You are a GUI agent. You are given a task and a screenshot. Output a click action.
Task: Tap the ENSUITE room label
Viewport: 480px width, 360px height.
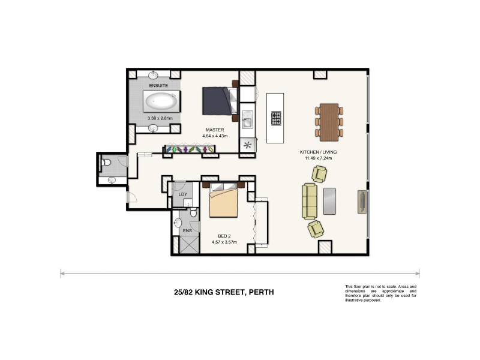coord(159,86)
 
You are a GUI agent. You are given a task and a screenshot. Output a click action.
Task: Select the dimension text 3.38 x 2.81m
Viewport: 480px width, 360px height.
coord(160,118)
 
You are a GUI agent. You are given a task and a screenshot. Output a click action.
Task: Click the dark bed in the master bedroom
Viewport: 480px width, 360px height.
coord(215,100)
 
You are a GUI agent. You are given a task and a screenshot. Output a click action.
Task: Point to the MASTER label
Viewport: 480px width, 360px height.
coord(214,130)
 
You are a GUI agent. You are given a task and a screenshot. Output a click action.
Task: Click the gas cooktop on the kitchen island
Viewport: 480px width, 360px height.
coord(277,118)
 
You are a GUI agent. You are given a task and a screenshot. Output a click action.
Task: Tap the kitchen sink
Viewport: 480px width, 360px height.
coord(247,122)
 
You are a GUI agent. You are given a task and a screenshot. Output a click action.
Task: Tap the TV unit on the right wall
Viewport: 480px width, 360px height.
coord(363,202)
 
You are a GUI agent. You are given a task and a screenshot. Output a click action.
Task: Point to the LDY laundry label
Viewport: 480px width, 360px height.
coord(182,194)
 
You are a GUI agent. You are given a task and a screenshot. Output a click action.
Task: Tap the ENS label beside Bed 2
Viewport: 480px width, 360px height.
coord(187,230)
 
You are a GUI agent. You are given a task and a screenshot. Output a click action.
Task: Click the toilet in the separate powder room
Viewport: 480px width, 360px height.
coord(106,161)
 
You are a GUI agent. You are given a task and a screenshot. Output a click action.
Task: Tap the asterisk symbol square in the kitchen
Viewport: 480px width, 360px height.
coord(247,145)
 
